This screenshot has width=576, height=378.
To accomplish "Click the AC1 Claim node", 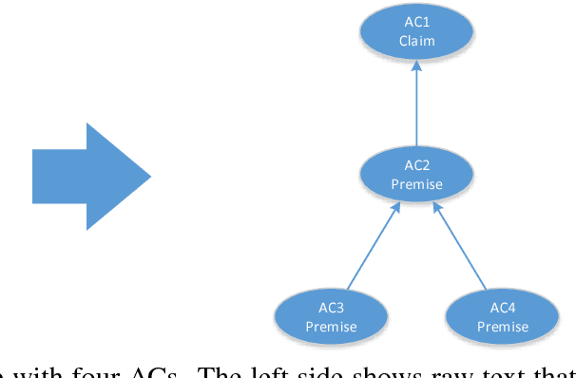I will coord(416,32).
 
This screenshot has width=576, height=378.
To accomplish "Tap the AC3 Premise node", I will coord(331,317).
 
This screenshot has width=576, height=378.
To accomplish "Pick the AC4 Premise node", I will coord(502,317).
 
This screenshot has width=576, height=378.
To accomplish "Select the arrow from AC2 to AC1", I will coord(416,104).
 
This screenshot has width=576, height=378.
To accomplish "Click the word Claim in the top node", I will coord(416,41).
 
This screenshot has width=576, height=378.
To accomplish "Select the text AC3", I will coord(331,309).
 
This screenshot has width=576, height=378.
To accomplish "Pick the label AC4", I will coord(502,309).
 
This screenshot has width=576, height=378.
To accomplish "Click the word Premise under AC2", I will coord(416,184).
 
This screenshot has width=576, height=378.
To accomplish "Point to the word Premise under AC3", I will coord(331,327).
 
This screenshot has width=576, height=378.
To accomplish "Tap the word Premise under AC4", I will coord(502,327).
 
